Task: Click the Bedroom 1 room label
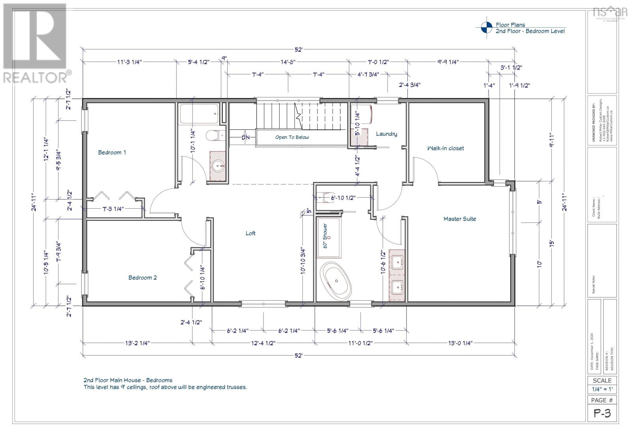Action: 112,152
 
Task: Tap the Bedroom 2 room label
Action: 142,277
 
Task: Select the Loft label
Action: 250,233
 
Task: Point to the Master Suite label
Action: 459,219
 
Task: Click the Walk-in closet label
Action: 446,148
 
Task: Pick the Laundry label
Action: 386,134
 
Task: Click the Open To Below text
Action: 292,137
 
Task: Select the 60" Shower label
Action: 325,236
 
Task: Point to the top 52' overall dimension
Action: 299,50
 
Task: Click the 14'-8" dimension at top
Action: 288,62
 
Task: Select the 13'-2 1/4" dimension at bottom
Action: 135,343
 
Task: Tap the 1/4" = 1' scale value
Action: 602,389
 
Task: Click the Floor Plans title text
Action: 510,24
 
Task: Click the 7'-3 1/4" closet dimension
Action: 113,209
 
